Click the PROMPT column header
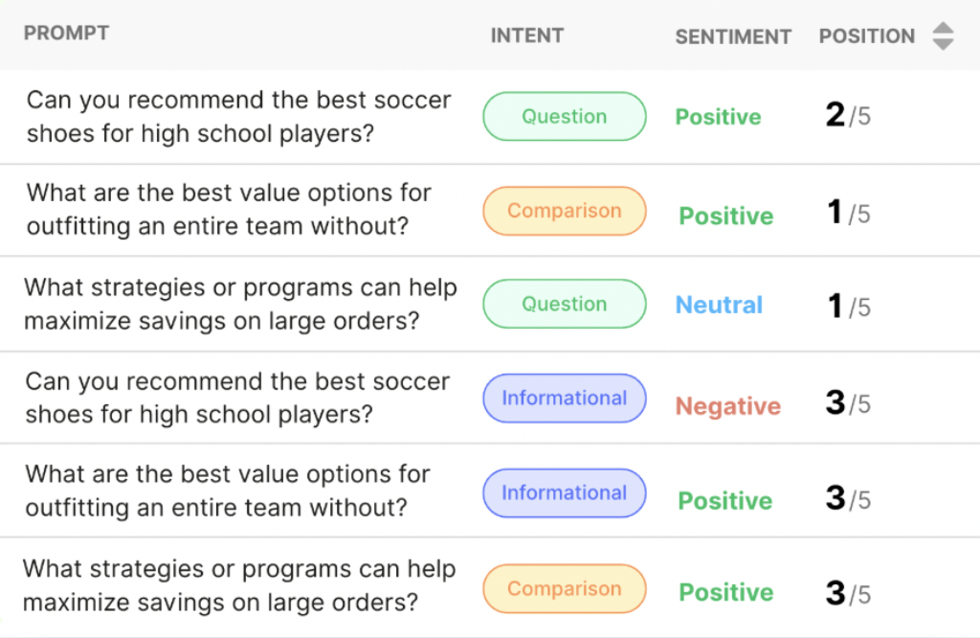66,33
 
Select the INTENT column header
527,35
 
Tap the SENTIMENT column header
733,37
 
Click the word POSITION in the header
867,36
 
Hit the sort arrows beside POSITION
943,35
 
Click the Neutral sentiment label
719,306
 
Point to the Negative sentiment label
728,406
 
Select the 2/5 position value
848,115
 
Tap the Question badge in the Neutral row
565,304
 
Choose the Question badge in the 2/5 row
565,116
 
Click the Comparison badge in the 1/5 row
565,211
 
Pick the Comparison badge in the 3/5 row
565,588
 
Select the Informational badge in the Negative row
565,399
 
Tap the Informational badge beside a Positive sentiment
565,493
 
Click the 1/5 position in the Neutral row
849,307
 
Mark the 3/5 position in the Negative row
848,402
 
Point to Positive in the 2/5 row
718,117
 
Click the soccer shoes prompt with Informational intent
237,398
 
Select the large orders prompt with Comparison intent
239,585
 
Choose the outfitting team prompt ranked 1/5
229,210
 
